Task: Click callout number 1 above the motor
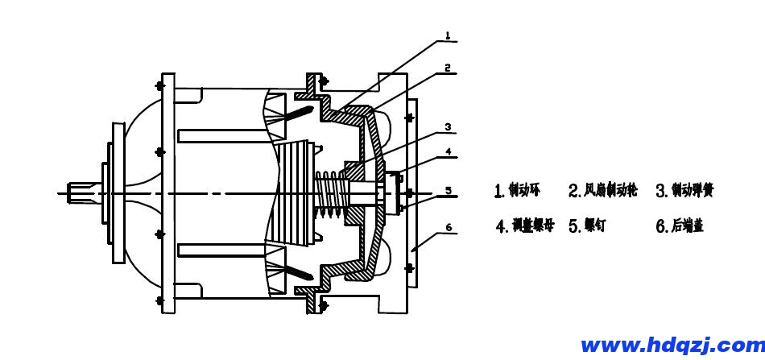click(448, 35)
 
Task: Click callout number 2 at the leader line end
click(448, 69)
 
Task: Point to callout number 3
click(448, 126)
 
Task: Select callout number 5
click(448, 191)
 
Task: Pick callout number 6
click(448, 229)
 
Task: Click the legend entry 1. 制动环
click(519, 191)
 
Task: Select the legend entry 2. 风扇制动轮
click(603, 191)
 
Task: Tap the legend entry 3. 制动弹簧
click(684, 191)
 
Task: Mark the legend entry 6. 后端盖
click(680, 226)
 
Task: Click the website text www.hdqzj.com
click(672, 346)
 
